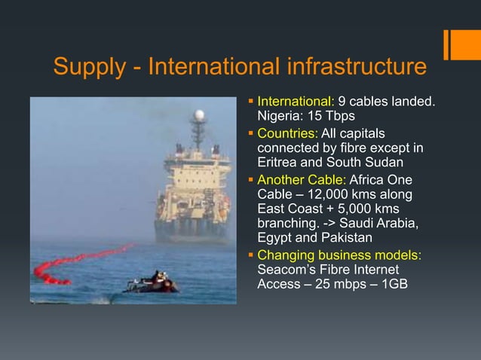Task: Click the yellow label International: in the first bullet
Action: click(296, 102)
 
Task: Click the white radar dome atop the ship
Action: click(199, 116)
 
